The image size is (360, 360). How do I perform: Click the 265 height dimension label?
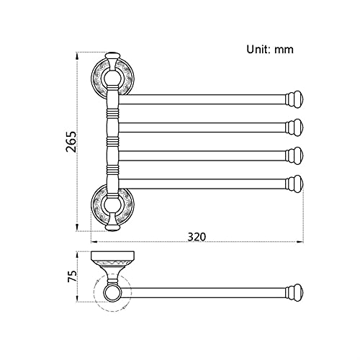(x=71, y=142)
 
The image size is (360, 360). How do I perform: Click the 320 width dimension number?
(x=197, y=237)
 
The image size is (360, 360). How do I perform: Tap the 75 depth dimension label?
(x=72, y=276)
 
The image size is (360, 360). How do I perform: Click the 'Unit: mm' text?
(x=270, y=50)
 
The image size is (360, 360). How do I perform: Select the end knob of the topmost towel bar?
(x=294, y=99)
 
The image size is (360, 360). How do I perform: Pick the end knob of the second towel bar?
(x=294, y=127)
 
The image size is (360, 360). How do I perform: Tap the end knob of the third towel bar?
(x=294, y=156)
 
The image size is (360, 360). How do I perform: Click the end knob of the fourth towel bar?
(x=294, y=184)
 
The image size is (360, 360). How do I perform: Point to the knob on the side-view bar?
(x=294, y=293)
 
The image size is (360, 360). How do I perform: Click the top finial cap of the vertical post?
(x=112, y=55)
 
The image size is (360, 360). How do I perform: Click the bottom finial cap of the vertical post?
(x=112, y=228)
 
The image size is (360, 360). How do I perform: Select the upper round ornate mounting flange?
(x=112, y=78)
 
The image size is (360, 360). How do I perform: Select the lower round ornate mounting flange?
(x=112, y=204)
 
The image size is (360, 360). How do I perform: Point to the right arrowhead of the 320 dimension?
(x=300, y=242)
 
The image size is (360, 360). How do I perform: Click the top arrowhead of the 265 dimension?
(x=77, y=56)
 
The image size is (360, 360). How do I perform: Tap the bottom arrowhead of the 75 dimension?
(x=77, y=299)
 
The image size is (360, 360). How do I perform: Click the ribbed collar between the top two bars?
(x=112, y=112)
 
